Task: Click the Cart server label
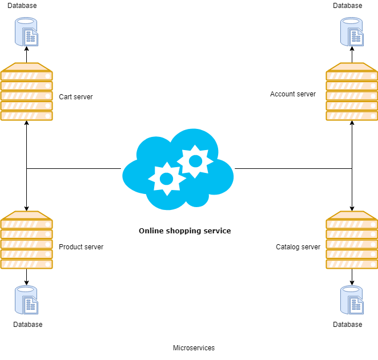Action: (75, 97)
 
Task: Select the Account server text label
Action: (292, 94)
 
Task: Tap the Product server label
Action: (81, 247)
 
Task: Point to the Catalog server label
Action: (298, 247)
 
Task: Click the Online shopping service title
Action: (184, 231)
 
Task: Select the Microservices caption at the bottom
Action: (194, 348)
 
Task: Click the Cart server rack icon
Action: (26, 92)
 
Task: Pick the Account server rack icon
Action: (352, 92)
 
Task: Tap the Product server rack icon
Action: (26, 240)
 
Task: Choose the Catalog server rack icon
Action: (352, 240)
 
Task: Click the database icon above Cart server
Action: (27, 32)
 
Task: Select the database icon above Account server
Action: (352, 32)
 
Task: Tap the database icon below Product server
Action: (27, 300)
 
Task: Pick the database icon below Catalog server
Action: (352, 300)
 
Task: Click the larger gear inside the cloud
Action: (195, 161)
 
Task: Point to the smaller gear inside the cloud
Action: (167, 179)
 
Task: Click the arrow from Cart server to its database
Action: (26, 55)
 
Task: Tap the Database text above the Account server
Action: (347, 6)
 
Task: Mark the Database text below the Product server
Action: (27, 325)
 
